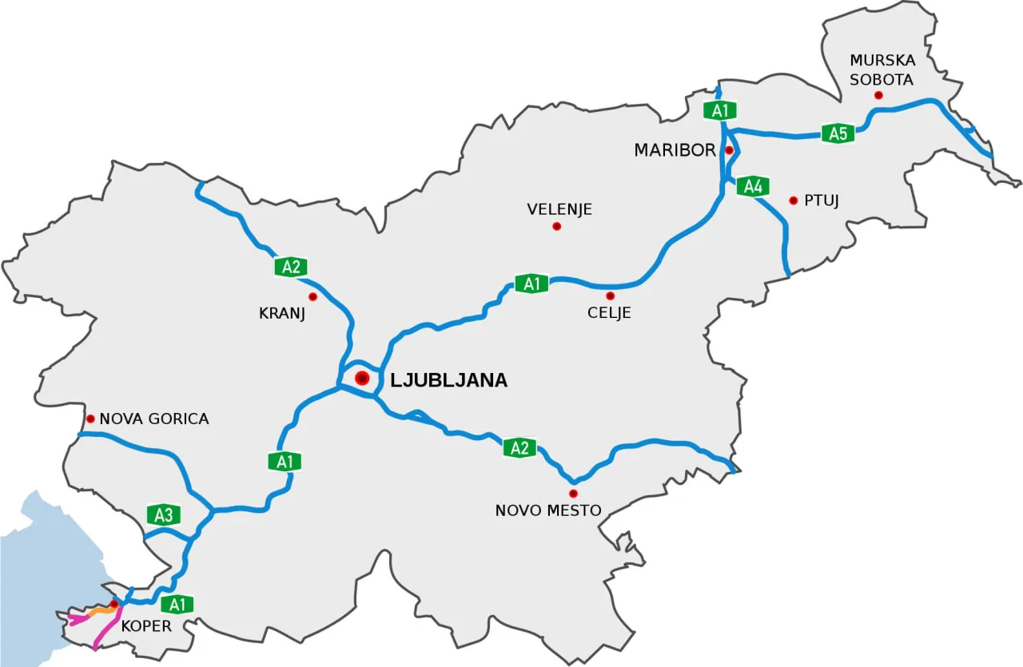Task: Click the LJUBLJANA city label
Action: tap(448, 380)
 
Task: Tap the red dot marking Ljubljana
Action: tap(362, 378)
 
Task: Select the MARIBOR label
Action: tap(675, 150)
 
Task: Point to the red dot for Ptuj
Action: tap(794, 200)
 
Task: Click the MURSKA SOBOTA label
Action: tap(881, 69)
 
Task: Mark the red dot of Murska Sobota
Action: tap(879, 96)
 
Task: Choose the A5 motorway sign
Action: tap(838, 133)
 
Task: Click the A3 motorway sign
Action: tap(163, 515)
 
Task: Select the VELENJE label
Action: tap(559, 210)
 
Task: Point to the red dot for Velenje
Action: tap(557, 227)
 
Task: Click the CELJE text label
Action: tap(609, 313)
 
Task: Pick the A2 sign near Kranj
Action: tap(291, 267)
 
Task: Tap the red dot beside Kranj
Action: tap(312, 297)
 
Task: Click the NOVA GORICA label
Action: tap(153, 419)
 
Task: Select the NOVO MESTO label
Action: tap(548, 510)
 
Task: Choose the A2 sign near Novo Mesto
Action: tap(519, 448)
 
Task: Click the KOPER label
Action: tap(146, 626)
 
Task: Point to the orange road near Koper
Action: tap(99, 611)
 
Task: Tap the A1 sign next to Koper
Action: tap(177, 604)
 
